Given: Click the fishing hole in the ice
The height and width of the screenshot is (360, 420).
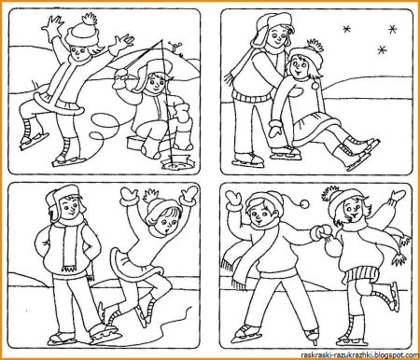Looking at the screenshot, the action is click(x=175, y=163).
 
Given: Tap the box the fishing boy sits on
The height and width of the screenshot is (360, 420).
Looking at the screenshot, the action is click(x=137, y=143).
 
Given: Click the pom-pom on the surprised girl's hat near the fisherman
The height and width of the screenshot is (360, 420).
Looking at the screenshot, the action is click(x=90, y=19).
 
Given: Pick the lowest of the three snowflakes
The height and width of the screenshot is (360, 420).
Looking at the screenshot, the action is click(x=382, y=49).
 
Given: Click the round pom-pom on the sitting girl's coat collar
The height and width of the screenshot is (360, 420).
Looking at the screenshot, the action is click(x=315, y=85).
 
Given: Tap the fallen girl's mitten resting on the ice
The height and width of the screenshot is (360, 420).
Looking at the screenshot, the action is click(x=276, y=128).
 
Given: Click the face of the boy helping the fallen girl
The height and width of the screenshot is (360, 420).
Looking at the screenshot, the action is click(x=277, y=36).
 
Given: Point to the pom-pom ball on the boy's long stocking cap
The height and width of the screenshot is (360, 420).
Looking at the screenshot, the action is click(x=304, y=204).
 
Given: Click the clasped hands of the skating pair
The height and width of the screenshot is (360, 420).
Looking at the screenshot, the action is click(x=321, y=231).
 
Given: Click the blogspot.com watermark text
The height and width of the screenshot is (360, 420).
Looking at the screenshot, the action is click(x=360, y=355).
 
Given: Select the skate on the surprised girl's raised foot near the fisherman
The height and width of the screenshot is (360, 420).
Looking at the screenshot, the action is click(x=33, y=140).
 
